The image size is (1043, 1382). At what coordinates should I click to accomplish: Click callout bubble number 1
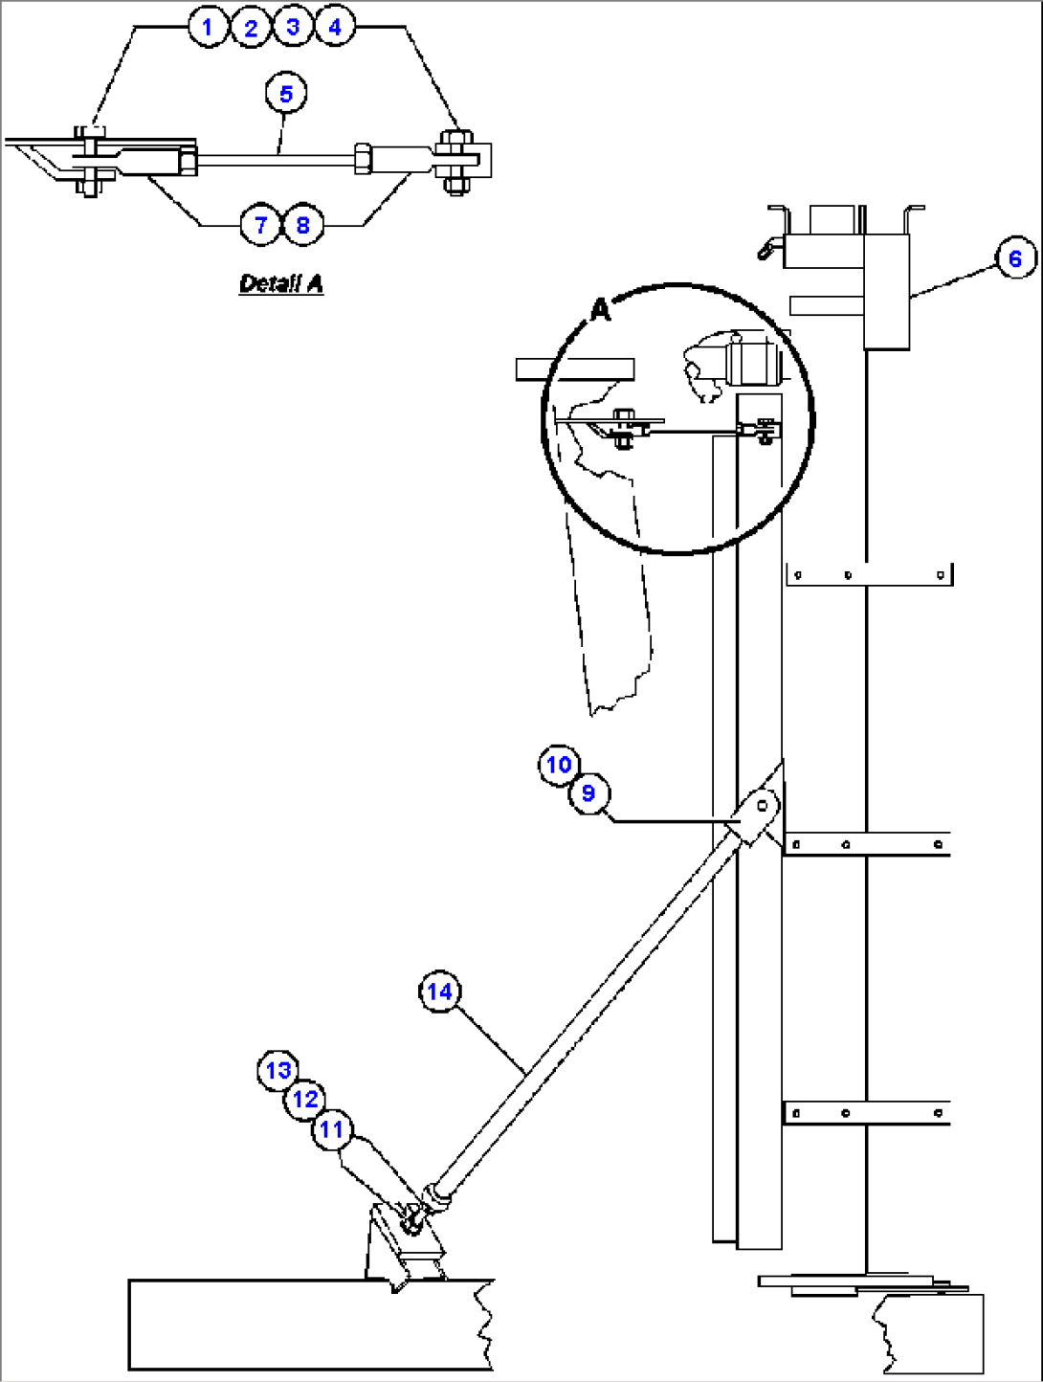(x=208, y=27)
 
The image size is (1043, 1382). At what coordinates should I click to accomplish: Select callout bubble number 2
(x=251, y=28)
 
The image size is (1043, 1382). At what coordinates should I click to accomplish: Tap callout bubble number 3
(x=293, y=27)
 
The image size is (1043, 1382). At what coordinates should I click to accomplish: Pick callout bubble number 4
(x=334, y=27)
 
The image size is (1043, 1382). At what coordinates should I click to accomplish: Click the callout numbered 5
(x=286, y=94)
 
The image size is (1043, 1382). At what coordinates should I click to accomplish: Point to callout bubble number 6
(x=1015, y=258)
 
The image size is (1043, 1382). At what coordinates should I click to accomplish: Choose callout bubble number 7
(x=260, y=225)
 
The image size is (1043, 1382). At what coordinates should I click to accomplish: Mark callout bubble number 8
(x=302, y=225)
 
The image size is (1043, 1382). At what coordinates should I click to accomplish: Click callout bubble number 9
(x=588, y=793)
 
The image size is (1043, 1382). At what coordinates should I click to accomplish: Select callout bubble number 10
(x=559, y=765)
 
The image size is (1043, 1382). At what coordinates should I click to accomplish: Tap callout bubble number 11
(x=331, y=1129)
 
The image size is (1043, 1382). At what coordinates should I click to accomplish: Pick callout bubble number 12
(x=305, y=1099)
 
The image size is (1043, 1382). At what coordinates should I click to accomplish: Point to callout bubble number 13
(x=278, y=1070)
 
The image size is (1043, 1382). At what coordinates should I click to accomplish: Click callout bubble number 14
(x=439, y=992)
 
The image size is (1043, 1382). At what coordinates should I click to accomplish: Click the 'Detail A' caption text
(x=280, y=283)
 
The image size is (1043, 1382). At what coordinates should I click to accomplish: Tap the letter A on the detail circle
(x=600, y=310)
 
